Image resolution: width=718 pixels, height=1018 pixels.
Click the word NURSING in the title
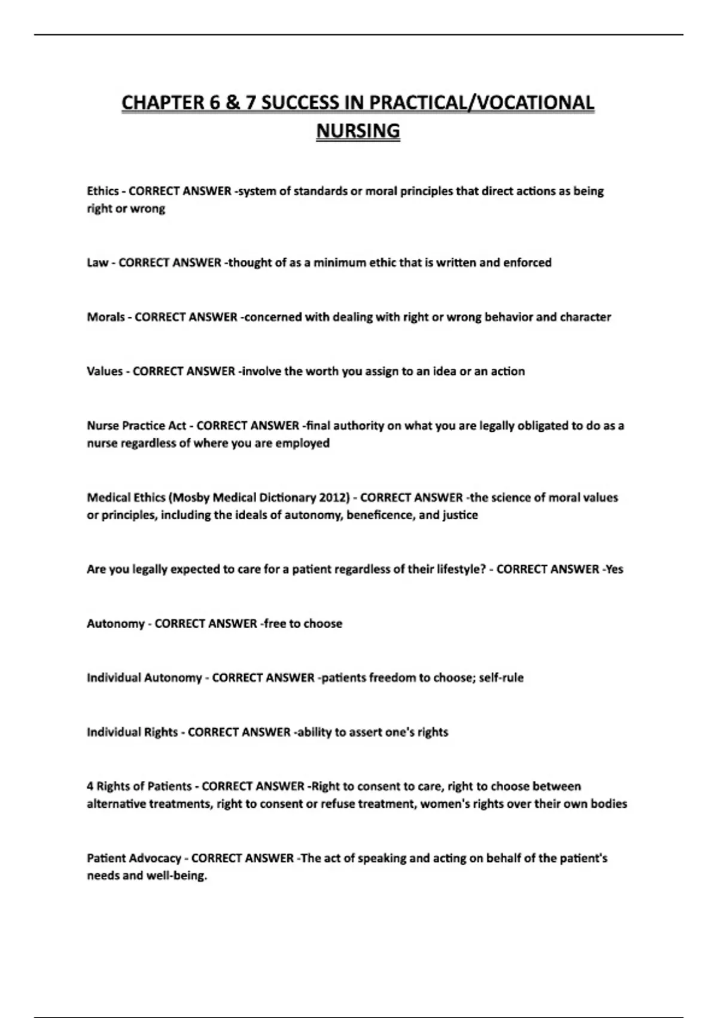click(358, 131)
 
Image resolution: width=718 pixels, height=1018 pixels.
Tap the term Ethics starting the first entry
click(102, 191)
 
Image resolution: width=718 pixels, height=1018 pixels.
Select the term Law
click(97, 262)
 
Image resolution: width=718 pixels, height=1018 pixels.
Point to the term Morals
click(106, 317)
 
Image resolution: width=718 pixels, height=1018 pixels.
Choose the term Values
click(105, 371)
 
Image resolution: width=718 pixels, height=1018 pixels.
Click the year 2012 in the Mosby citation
click(334, 498)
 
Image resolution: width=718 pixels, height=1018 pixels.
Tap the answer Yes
click(614, 569)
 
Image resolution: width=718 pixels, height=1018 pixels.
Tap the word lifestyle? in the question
click(456, 569)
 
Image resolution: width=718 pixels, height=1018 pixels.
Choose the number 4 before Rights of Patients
click(90, 786)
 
